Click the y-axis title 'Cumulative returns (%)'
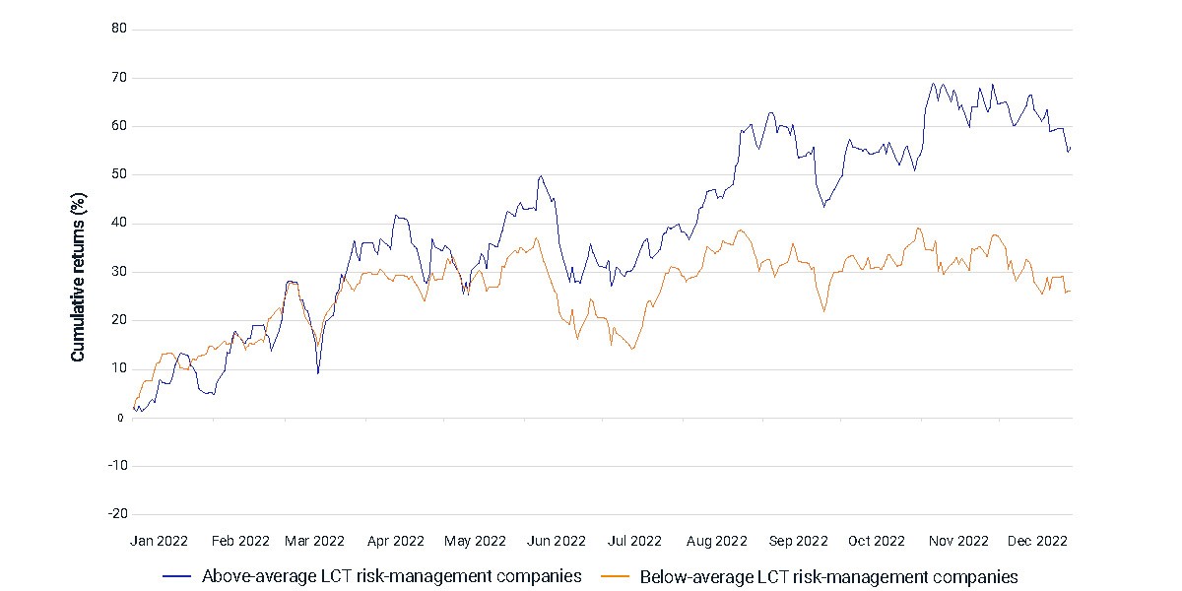coord(78,278)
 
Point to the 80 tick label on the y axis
coord(119,29)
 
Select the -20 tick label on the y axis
coord(118,514)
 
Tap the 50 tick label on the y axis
coord(119,174)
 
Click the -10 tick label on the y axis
coord(118,465)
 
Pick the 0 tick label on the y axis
coord(121,419)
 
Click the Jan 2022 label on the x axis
coord(159,542)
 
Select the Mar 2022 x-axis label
coord(314,542)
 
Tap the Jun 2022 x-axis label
coord(557,542)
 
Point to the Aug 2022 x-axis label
coord(717,542)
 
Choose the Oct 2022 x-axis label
coord(877,542)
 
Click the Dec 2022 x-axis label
coord(1037,542)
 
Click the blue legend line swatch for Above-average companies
coord(176,576)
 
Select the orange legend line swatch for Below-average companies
coord(616,576)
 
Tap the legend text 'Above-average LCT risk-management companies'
coord(392,576)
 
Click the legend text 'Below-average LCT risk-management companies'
coord(829,577)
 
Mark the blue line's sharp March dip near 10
coord(317,373)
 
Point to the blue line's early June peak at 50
coord(541,176)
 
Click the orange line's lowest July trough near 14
coord(632,349)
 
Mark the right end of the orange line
coord(1070,292)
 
